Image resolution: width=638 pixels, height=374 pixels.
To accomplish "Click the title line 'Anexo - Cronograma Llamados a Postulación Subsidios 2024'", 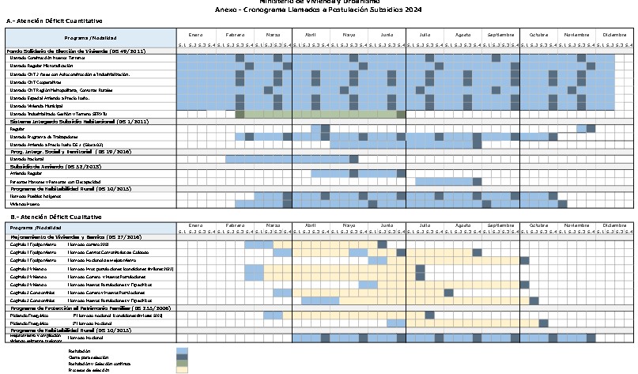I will click(319, 9).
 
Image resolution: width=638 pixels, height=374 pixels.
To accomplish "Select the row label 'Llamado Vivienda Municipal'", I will click(36, 105).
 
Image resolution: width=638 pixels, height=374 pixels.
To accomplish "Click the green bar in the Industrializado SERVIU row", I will click(320, 114).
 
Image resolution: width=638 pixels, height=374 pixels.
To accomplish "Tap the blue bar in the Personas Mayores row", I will click(443, 182).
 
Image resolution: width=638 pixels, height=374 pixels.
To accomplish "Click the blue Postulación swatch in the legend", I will click(182, 350).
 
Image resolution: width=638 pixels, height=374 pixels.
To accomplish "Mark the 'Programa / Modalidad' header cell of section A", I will click(90, 38).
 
